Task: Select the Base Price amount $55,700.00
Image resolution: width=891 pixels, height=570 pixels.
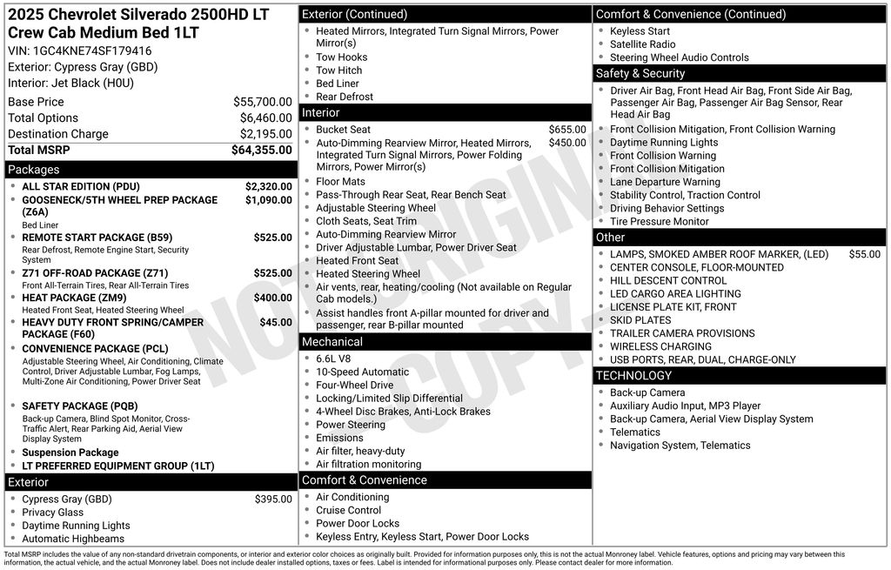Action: point(262,102)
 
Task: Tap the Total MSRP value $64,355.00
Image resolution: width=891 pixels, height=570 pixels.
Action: point(261,150)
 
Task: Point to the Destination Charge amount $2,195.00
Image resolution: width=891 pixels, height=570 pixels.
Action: point(265,134)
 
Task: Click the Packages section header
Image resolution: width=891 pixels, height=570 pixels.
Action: point(34,170)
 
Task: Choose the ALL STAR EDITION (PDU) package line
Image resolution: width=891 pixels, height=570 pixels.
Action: point(80,186)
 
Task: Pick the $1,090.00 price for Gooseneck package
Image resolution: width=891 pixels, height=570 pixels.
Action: point(268,200)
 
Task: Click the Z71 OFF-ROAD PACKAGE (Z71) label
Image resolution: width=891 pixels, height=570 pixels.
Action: point(95,273)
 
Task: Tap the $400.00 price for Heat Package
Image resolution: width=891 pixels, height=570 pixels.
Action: point(272,298)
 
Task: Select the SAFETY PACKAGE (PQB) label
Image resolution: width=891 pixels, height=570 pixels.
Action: point(79,406)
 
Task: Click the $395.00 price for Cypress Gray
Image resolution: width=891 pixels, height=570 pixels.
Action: point(273,500)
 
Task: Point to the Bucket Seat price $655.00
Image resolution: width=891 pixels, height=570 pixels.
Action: point(566,130)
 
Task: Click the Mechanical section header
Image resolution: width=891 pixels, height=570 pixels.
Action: point(332,342)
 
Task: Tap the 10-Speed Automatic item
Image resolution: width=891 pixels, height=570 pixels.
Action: point(362,372)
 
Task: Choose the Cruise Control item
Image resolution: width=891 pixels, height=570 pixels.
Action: point(348,510)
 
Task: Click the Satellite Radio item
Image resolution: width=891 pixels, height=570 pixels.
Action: point(642,44)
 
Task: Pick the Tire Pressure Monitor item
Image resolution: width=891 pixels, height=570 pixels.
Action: point(659,221)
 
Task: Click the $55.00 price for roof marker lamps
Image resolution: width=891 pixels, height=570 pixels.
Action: point(864,254)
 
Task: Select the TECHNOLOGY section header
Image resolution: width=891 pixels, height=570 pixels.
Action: point(633,376)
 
